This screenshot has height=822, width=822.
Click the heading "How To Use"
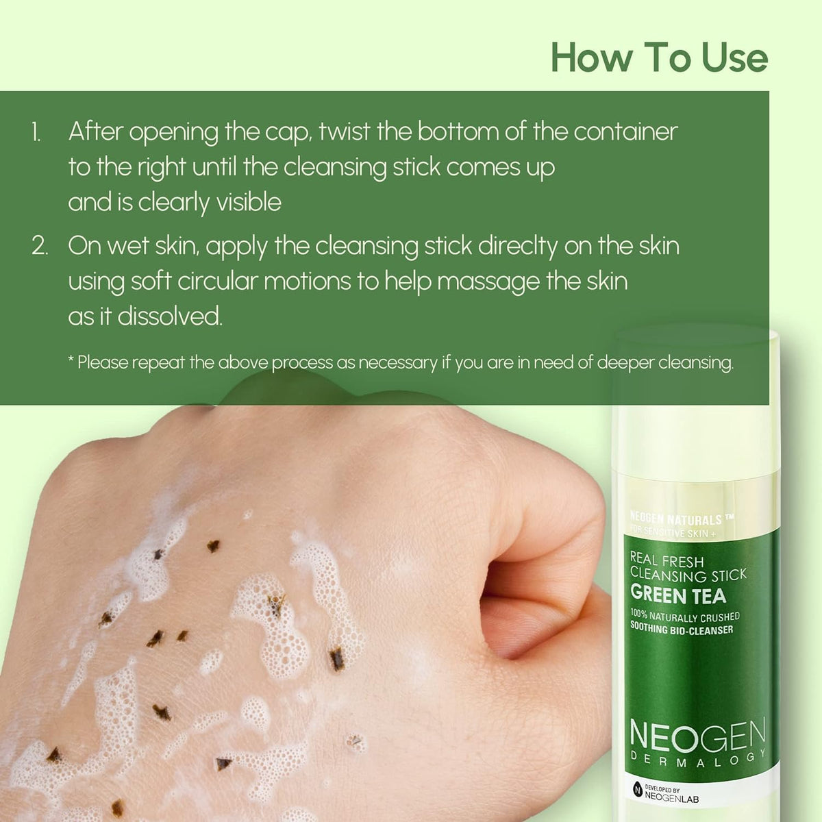[x=659, y=58]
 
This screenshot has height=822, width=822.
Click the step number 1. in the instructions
[x=36, y=132]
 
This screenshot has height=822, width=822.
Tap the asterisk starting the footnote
[x=71, y=360]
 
